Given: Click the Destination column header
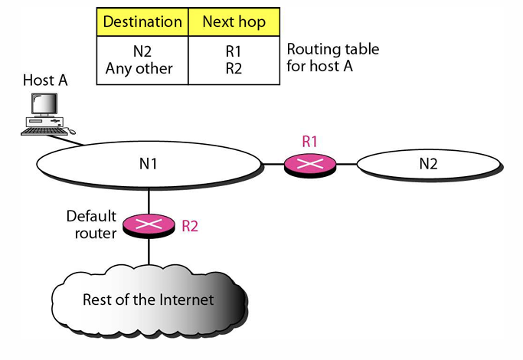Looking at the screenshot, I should tap(142, 21).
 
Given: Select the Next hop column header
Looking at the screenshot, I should tap(233, 21).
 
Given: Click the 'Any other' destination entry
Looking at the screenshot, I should tap(142, 68).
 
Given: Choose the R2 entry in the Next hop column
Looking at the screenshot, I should tap(233, 68).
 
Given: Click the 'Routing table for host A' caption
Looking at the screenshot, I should tap(332, 57).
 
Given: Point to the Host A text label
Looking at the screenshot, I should tap(44, 80).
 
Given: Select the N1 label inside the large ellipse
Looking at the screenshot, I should tap(149, 163).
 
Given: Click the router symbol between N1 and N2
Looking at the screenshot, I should tap(310, 164).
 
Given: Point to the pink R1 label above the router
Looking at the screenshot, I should tap(309, 141).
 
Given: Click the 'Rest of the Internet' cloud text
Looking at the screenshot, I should tap(148, 299).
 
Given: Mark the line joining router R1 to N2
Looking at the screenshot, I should tap(346, 164).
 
